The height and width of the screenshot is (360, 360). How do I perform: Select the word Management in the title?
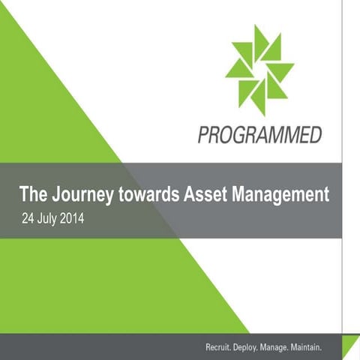point(281,196)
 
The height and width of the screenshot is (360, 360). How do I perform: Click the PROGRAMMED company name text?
point(260,136)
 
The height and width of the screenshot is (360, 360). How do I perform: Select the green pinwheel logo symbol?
point(259,70)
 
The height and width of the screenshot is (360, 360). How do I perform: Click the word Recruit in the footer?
point(221,348)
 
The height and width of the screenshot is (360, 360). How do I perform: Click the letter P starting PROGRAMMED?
point(203,136)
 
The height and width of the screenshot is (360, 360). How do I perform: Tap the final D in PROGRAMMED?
point(316,136)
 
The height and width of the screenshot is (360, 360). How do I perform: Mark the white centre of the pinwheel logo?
point(259,70)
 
